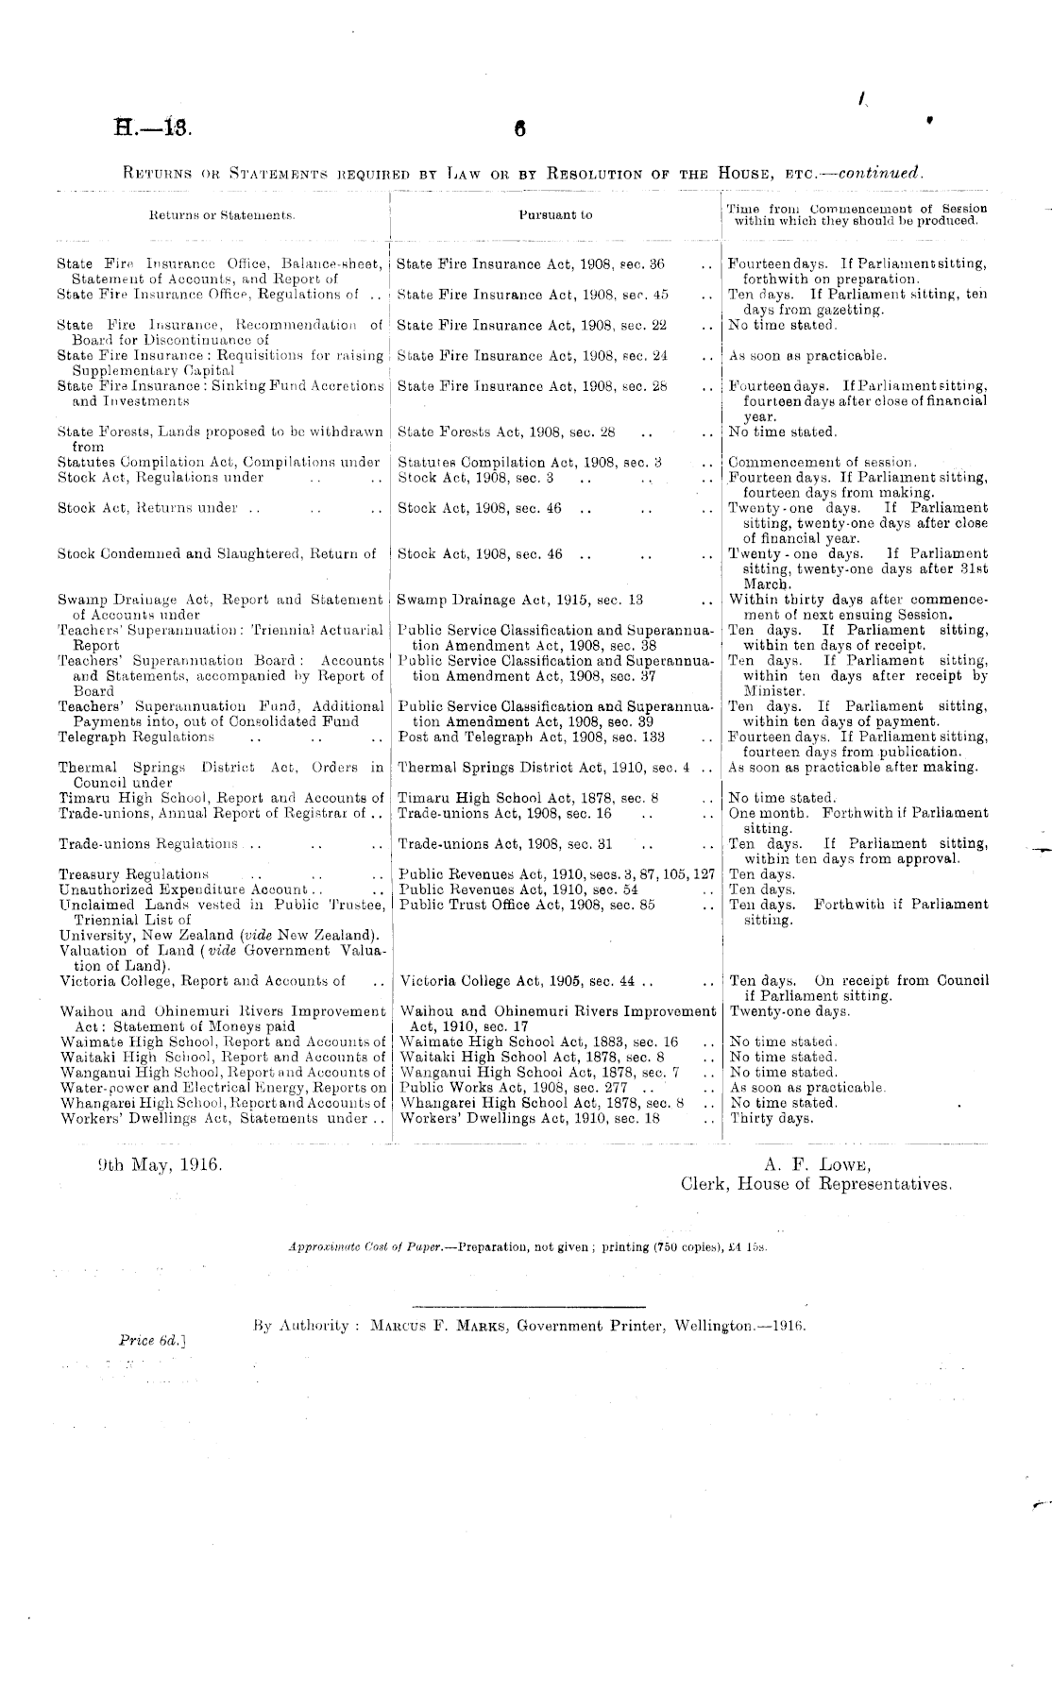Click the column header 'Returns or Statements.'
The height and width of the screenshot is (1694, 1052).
pos(223,215)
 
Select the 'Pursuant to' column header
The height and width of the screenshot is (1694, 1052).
pos(556,215)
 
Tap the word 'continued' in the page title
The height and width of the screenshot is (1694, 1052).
pos(880,174)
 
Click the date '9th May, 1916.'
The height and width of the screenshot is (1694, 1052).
pos(161,1164)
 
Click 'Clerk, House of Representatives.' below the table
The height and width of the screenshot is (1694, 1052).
pos(816,1183)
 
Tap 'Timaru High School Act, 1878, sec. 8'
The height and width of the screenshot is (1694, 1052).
pos(528,798)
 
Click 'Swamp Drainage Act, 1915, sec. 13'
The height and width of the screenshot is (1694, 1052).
pos(520,600)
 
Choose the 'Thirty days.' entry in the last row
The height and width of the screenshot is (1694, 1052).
pos(772,1119)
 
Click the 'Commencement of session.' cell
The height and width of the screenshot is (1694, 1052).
pos(823,463)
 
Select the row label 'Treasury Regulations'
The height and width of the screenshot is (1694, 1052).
pos(133,874)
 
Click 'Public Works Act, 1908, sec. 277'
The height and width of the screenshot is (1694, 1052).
pos(513,1088)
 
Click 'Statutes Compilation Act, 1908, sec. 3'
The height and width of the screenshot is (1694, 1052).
pos(529,463)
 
